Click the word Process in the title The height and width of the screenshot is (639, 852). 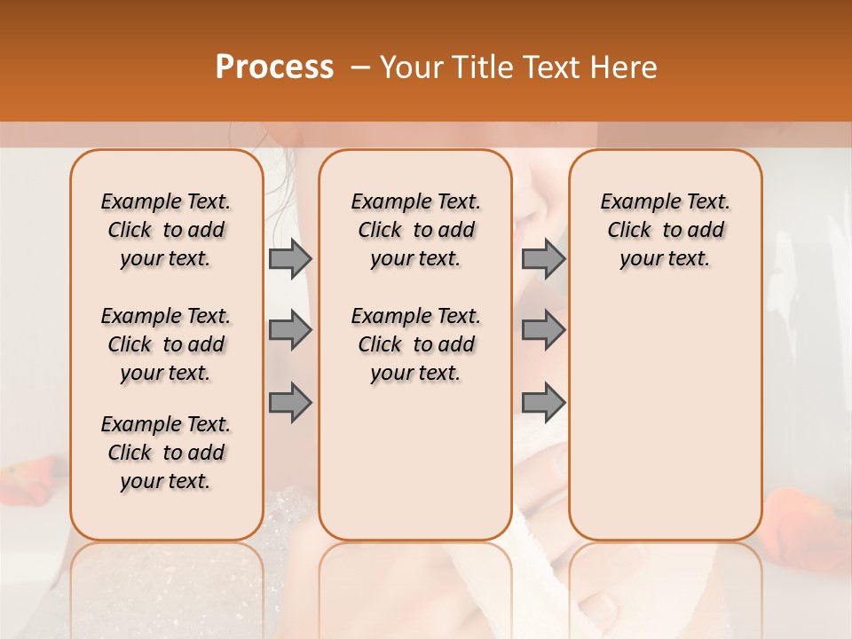[x=274, y=67]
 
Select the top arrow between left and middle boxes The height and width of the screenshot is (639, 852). [x=290, y=258]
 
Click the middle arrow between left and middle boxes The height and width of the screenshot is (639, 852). [x=290, y=330]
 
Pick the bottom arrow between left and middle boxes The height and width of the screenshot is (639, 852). [x=290, y=402]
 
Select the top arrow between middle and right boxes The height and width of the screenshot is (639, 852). [x=543, y=258]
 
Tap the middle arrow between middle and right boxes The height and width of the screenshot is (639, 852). [x=543, y=330]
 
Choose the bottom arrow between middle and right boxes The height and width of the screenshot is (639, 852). [x=543, y=402]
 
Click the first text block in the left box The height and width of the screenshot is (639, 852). [x=166, y=230]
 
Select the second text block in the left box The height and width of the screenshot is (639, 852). [x=166, y=344]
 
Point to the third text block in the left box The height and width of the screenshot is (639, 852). [x=166, y=453]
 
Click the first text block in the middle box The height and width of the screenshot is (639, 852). [x=416, y=230]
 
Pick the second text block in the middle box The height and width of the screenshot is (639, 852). [x=416, y=344]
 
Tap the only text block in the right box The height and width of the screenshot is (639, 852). [x=666, y=230]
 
